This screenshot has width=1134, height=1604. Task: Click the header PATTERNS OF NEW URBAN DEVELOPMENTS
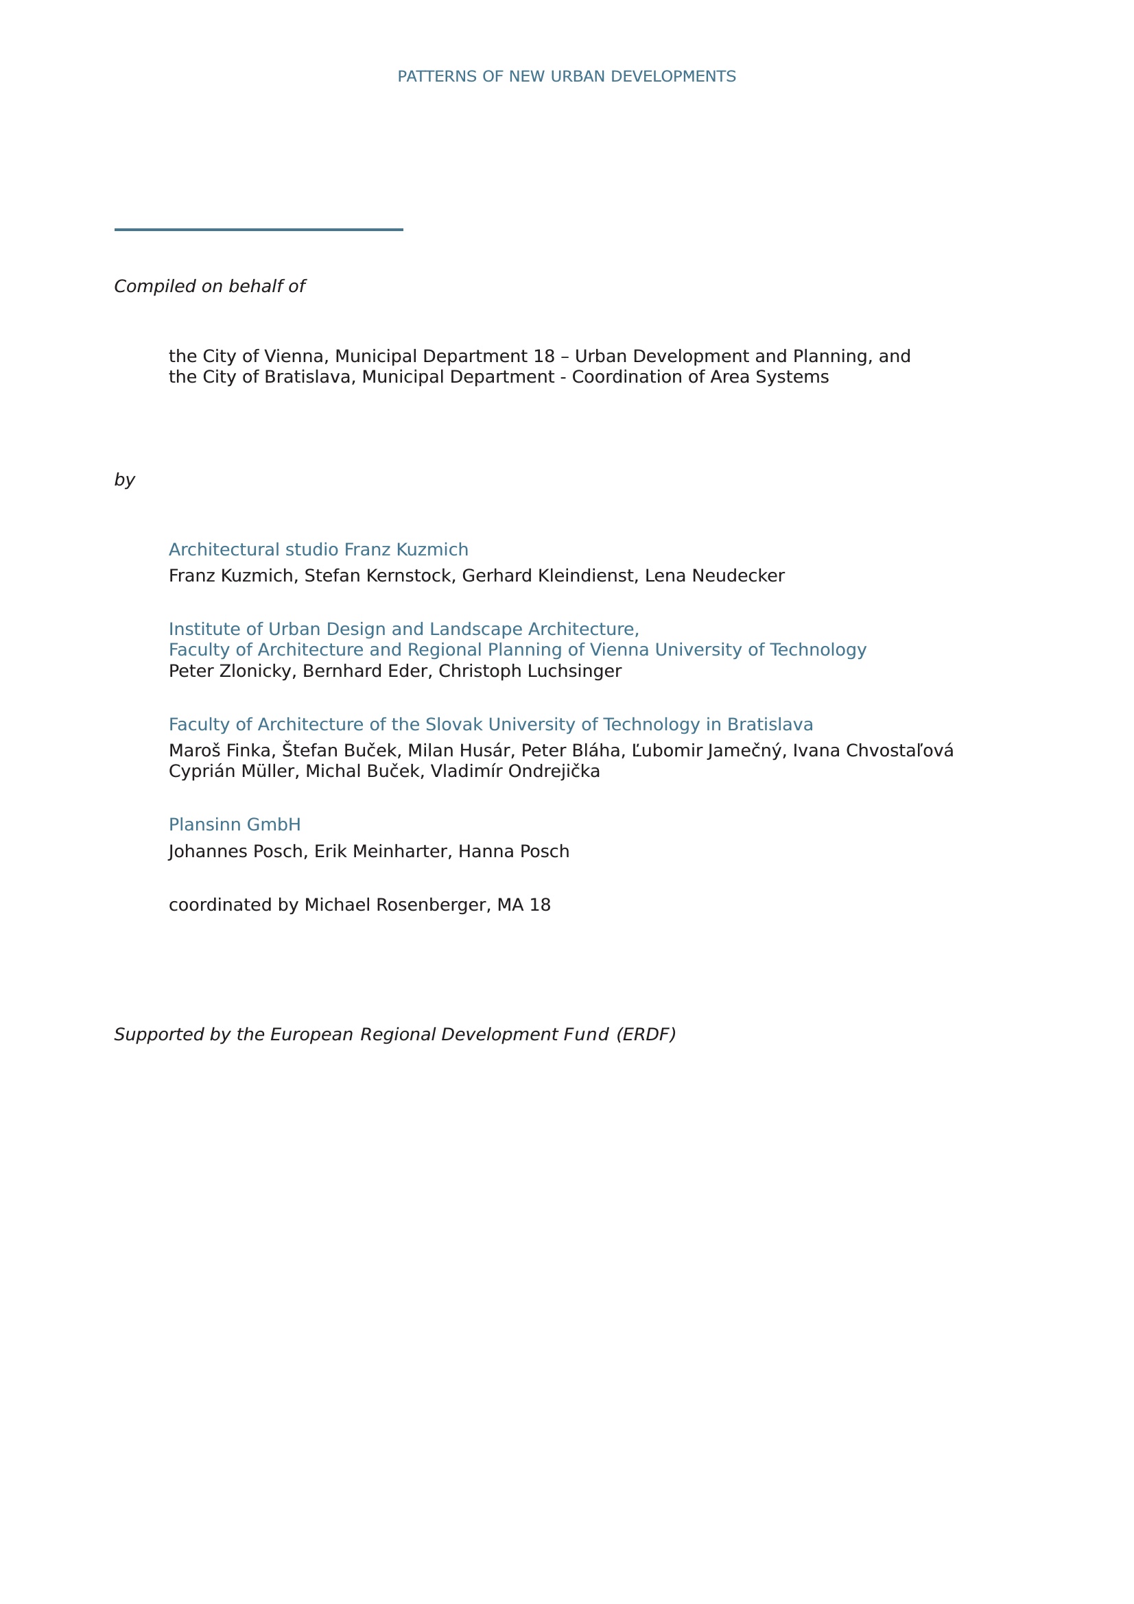(x=566, y=76)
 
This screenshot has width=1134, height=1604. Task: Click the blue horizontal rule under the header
(x=259, y=229)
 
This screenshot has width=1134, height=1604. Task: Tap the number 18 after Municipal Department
(x=543, y=357)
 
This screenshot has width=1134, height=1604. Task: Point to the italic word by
(x=124, y=480)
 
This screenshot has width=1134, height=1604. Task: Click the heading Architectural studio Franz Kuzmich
(x=318, y=550)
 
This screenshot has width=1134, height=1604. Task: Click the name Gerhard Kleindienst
(x=547, y=575)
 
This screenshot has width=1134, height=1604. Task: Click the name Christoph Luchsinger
(x=530, y=671)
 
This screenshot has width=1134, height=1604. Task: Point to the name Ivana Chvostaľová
(x=873, y=751)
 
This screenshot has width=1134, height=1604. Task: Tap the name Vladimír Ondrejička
(x=515, y=771)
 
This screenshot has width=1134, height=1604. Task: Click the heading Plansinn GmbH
(x=235, y=825)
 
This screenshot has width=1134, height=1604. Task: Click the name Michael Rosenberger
(x=394, y=905)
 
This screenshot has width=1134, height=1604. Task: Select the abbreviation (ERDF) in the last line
(x=646, y=1035)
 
